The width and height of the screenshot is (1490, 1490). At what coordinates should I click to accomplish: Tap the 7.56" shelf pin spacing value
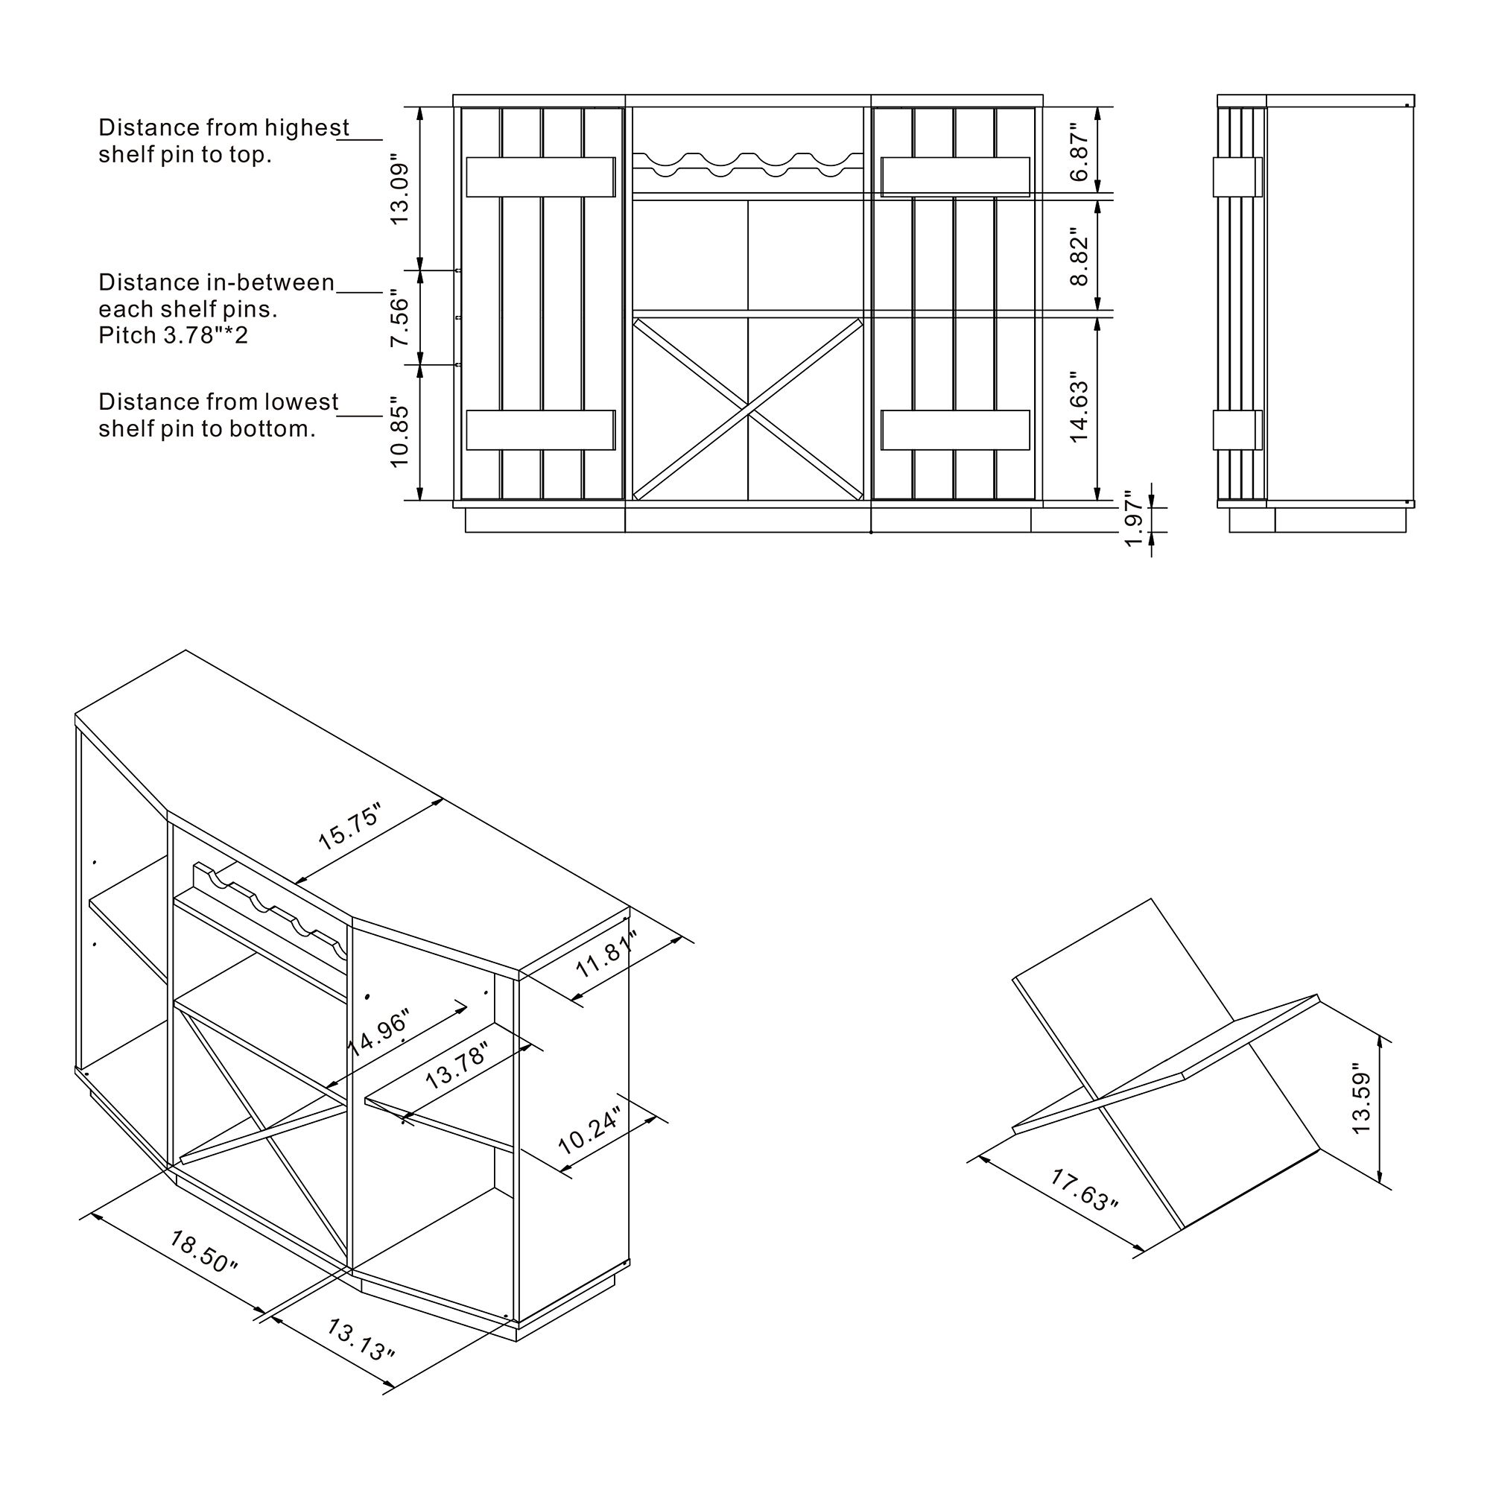tap(399, 319)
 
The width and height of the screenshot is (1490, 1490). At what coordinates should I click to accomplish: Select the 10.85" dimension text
tap(399, 432)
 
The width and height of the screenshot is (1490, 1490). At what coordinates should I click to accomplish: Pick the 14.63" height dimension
tap(1080, 412)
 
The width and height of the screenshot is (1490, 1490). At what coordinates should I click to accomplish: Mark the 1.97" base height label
tap(1134, 519)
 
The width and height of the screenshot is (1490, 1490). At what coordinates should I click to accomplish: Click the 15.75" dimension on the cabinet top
tap(349, 828)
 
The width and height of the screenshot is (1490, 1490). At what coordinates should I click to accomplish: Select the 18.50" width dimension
tap(203, 1252)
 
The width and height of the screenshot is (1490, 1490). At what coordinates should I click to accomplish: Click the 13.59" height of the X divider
tap(1362, 1103)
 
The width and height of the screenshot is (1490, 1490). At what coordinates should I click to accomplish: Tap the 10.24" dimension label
tap(589, 1132)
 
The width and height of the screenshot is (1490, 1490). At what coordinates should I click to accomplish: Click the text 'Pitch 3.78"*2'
tap(174, 335)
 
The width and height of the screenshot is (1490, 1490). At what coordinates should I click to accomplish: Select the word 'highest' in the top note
tap(306, 127)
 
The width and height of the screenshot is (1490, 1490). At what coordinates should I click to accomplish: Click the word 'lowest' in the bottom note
tap(302, 402)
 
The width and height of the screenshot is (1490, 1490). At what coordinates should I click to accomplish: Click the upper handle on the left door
tap(541, 177)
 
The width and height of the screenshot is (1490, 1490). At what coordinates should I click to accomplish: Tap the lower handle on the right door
tap(956, 430)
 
